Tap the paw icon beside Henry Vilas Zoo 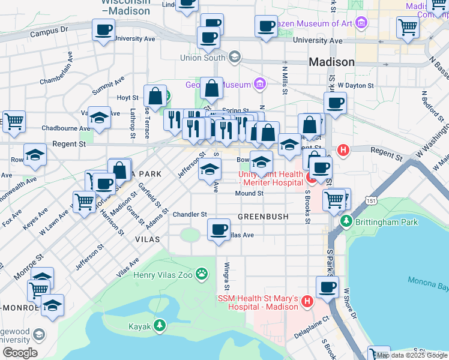[203, 275]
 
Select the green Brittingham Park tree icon [345, 221]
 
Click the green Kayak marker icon [159, 326]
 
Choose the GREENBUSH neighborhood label [263, 216]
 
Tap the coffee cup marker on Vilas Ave [218, 229]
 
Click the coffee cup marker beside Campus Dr [103, 29]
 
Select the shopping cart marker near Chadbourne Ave [14, 121]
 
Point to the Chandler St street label [190, 214]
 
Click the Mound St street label [249, 193]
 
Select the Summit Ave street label [108, 85]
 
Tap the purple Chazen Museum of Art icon [361, 23]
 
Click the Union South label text [202, 58]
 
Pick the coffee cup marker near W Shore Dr [327, 287]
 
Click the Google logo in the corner [20, 352]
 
